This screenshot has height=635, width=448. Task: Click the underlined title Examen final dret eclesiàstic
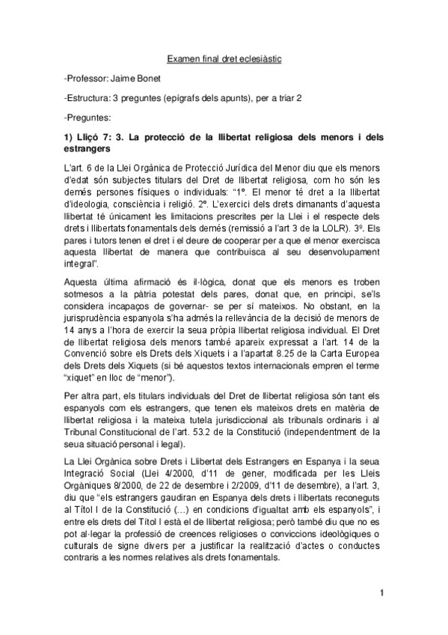click(223, 57)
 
